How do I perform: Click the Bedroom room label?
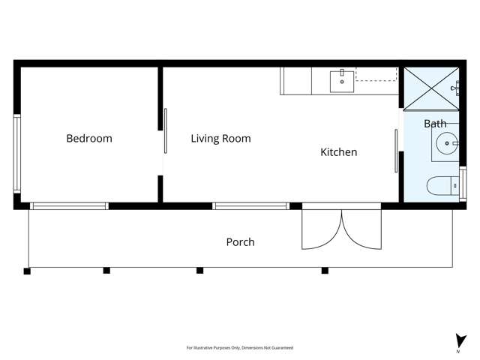[89, 139]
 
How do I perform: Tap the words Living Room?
[220, 139]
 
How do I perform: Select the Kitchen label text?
[339, 152]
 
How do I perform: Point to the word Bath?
[435, 124]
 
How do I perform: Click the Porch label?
[240, 242]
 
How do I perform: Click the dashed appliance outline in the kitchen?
[376, 73]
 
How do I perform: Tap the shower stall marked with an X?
[432, 88]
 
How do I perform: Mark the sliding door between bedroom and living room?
[166, 131]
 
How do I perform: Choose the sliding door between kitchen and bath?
[397, 150]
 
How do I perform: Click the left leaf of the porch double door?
[322, 229]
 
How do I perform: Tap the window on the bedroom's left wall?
[17, 154]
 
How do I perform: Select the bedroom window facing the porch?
[69, 206]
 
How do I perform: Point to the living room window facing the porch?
[250, 206]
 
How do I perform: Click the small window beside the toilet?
[463, 184]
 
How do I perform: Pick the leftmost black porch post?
[27, 271]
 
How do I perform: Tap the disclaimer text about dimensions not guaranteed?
[240, 348]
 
